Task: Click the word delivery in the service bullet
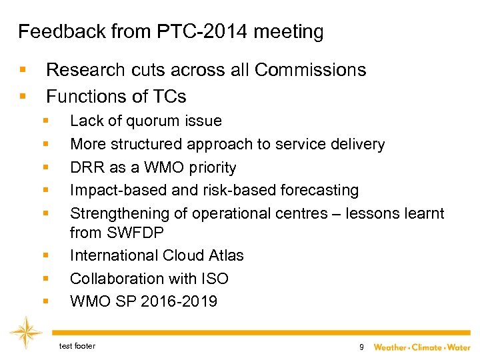click(359, 144)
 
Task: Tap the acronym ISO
click(213, 279)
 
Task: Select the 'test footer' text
click(77, 346)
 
